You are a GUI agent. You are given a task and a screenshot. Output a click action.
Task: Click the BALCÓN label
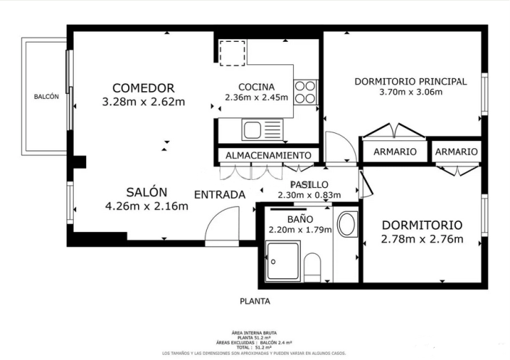pos(46,97)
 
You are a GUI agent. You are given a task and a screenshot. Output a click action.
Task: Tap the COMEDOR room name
pos(143,87)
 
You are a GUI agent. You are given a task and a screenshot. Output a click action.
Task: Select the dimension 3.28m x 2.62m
pos(144,102)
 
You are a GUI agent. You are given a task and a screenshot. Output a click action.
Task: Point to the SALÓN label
pos(147,192)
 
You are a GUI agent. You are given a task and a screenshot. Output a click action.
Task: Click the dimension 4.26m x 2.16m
pos(147,207)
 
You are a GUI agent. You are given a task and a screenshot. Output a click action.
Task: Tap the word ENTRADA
pos(220,194)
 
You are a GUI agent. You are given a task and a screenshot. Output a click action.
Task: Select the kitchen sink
pos(252,130)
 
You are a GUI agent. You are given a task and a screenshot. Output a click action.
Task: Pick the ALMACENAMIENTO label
pos(268,155)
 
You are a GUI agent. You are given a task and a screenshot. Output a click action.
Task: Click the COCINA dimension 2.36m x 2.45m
pos(256,98)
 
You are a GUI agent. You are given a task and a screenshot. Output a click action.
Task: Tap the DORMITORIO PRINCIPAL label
pos(410,81)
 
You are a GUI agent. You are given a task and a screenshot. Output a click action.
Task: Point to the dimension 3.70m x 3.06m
pos(410,92)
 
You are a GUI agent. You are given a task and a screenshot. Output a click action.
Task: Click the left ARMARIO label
pos(394,152)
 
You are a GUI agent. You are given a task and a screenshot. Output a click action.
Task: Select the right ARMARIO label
pos(456,152)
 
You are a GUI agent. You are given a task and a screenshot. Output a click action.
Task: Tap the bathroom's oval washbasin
pos(347,224)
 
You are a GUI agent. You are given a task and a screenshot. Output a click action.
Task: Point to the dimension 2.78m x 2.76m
pos(422,239)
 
